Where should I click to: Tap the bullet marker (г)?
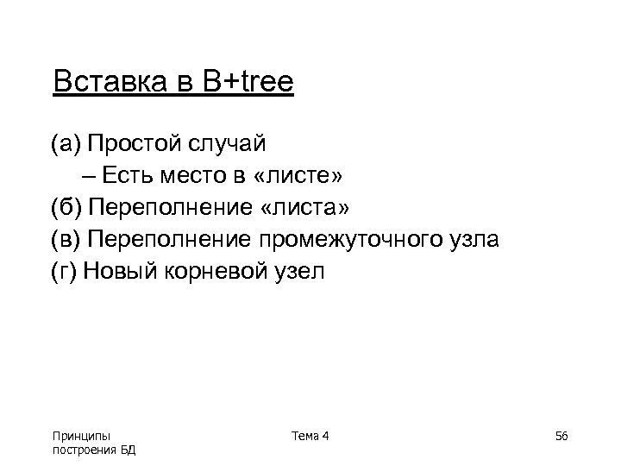point(65,273)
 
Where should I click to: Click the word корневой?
point(215,273)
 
